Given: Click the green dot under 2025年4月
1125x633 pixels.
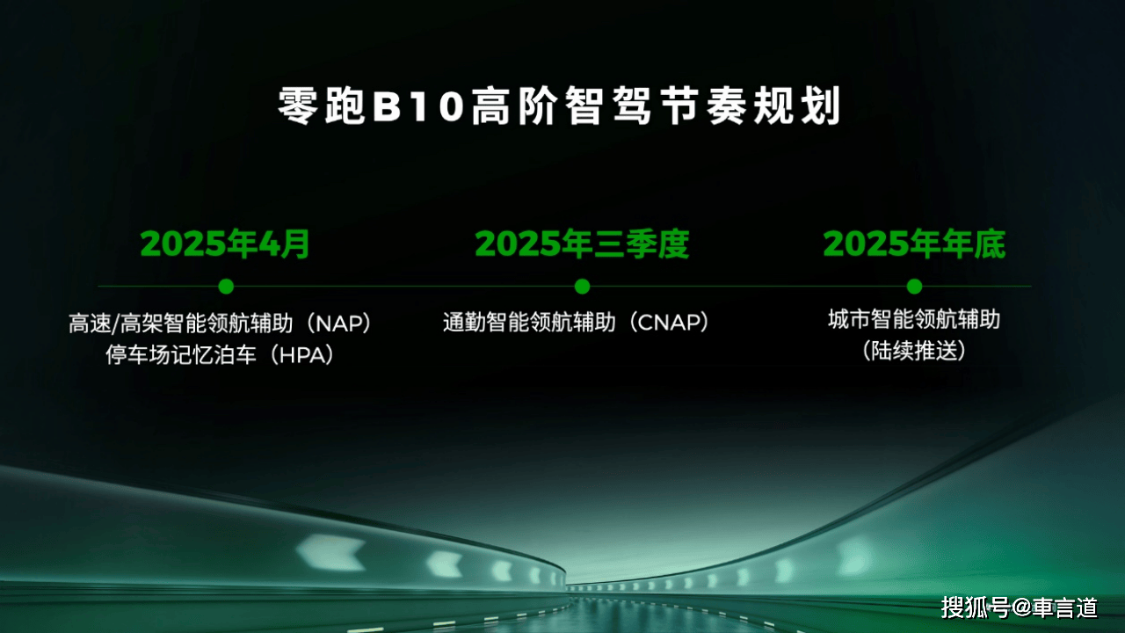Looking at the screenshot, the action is [x=226, y=287].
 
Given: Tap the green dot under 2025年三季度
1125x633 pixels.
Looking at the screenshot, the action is [x=582, y=287].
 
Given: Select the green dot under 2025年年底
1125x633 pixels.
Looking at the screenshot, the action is [x=915, y=287].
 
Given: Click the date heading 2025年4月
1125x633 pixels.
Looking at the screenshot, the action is [x=225, y=244].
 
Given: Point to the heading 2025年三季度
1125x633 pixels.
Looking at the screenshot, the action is [x=582, y=244].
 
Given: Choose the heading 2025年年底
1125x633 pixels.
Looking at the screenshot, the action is [x=915, y=244].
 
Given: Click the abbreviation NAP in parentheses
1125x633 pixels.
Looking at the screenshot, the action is [x=339, y=324].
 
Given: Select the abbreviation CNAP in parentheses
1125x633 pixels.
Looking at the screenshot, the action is [x=670, y=323].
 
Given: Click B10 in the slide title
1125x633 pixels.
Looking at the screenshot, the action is [x=418, y=106].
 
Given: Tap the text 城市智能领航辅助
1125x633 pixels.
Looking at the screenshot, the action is [x=914, y=319].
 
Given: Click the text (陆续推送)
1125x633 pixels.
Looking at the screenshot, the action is [x=914, y=351].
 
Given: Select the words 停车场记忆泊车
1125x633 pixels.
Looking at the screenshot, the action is [x=181, y=355].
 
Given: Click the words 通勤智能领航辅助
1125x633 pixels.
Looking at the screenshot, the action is [x=529, y=323].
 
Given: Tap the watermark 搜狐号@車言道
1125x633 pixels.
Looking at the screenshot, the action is [x=1019, y=608].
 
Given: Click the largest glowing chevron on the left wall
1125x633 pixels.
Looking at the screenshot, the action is [x=331, y=553].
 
